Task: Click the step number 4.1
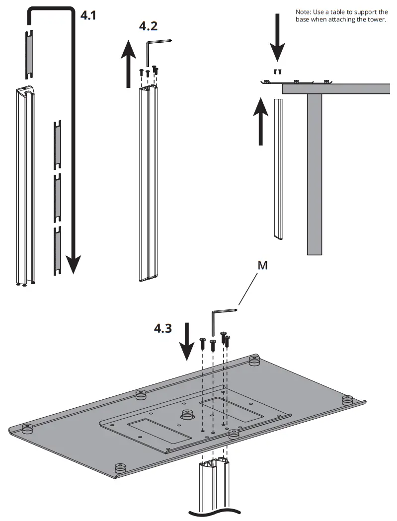pos(88,15)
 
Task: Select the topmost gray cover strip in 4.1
pos(29,53)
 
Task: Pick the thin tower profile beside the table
pos(278,169)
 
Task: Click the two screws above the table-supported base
pos(277,71)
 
